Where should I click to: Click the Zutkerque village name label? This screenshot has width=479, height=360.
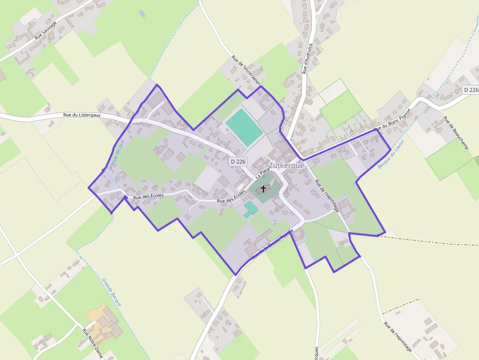pyautogui.click(x=286, y=166)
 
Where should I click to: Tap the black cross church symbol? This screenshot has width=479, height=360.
pyautogui.click(x=263, y=189)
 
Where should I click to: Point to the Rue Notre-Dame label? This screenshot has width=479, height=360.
pyautogui.click(x=92, y=344)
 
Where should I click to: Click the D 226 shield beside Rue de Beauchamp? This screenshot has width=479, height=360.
pyautogui.click(x=471, y=90)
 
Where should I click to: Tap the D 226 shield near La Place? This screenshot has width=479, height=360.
pyautogui.click(x=239, y=161)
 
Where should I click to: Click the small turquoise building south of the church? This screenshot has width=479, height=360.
pyautogui.click(x=251, y=209)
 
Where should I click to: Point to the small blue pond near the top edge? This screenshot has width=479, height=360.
pyautogui.click(x=142, y=14)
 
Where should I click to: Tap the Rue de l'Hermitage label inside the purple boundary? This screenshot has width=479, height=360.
pyautogui.click(x=327, y=196)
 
